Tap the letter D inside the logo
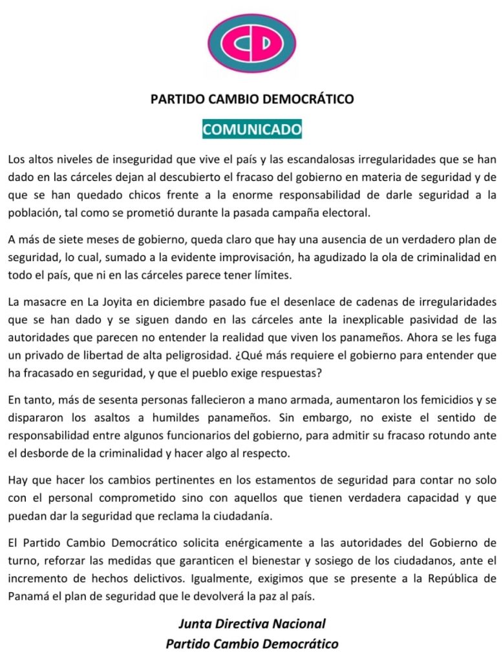tap(265, 43)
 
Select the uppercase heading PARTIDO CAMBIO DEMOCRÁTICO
tap(251, 99)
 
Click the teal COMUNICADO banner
tap(251, 129)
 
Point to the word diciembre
tap(176, 303)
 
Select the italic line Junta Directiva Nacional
tap(251, 625)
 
